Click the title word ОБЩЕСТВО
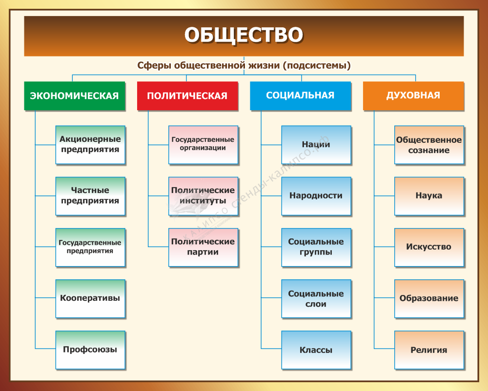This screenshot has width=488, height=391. pos(244,34)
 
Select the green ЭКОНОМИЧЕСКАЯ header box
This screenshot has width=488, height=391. pos(75,96)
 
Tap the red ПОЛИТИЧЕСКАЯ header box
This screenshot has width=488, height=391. pos(188,96)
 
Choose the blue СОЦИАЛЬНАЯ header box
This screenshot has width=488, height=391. pos(301,96)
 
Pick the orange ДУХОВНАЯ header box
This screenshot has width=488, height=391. pos(414,96)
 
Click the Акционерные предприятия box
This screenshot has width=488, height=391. pos(90,145)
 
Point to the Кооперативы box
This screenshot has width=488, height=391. pos(90,299)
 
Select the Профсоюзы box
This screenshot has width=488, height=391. pos(90,350)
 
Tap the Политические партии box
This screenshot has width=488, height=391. pos(203,247)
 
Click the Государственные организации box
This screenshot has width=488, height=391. pos(203,145)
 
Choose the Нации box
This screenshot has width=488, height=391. pos(316,145)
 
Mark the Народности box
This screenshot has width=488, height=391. pos(316,196)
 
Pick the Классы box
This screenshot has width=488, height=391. pos(316,350)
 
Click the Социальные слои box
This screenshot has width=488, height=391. pos(316,299)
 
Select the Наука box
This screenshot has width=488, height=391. pos(429,196)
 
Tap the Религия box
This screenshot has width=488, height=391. pos(429,350)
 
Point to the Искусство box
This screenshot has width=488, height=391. pos(429,247)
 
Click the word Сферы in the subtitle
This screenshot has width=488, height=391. pos(154,66)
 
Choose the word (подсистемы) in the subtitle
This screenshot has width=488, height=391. pos(317,66)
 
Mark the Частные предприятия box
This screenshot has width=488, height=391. pos(90,196)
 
